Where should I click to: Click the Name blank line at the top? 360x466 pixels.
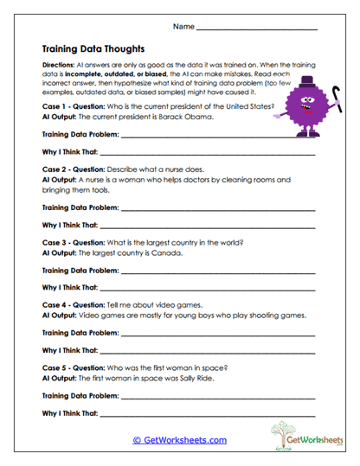(x=257, y=30)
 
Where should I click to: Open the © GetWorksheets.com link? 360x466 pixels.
(x=179, y=440)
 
